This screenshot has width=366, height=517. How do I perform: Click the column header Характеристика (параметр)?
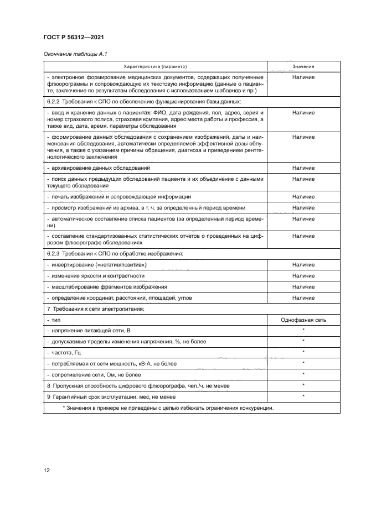156,66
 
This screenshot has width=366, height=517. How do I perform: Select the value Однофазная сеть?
303,319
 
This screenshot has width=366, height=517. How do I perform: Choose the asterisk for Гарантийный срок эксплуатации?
303,396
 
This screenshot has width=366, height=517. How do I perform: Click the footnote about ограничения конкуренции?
168,408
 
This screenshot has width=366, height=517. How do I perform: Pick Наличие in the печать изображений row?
303,196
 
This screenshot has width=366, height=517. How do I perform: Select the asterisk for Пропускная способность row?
303,385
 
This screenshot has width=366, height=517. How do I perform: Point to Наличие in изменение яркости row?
303,276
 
